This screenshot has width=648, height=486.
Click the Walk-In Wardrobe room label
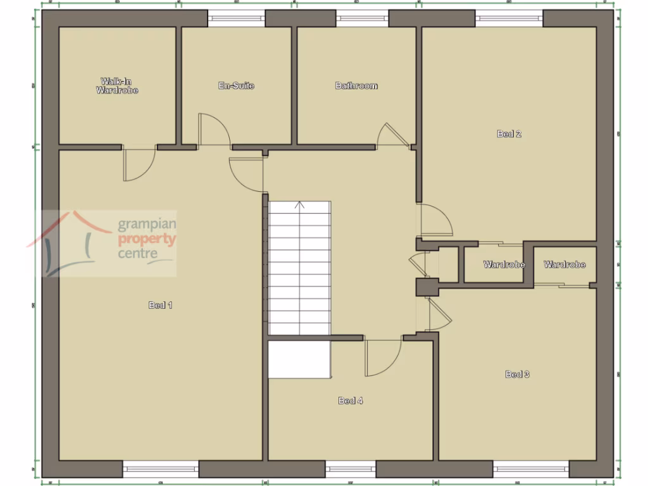coord(117,86)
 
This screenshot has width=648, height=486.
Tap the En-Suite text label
coord(236,85)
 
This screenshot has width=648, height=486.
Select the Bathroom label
coord(356,85)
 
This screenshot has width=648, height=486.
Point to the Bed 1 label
coord(160,305)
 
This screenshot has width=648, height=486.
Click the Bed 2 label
coord(509,134)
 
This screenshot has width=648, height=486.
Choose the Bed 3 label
coord(517,374)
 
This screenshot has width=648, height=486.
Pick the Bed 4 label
coord(351,401)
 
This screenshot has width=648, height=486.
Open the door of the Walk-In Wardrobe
coord(139,163)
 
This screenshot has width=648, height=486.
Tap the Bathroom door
coord(392,135)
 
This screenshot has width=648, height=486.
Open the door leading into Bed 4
coord(383,358)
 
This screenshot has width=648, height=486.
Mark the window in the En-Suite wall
coord(237,18)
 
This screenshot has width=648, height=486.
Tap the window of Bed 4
coord(351,469)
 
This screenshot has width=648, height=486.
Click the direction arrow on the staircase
coord(300,205)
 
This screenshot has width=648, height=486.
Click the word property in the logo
coord(147,239)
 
